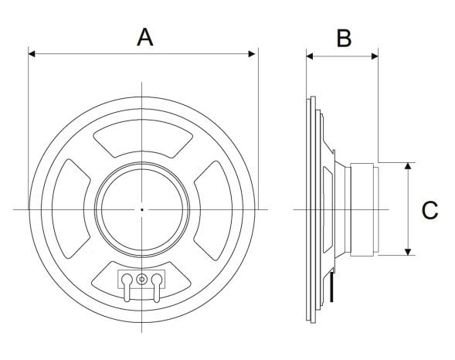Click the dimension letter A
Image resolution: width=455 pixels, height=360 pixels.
point(144,36)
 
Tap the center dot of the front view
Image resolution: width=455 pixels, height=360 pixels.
point(142,209)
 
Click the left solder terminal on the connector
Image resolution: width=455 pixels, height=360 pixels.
point(127,282)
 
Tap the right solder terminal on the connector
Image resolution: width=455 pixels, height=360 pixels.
point(158,282)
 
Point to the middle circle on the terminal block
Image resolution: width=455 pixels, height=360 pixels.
point(142,279)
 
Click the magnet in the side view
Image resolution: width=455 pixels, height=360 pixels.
point(364,209)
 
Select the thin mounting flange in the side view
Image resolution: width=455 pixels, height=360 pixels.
point(311,209)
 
